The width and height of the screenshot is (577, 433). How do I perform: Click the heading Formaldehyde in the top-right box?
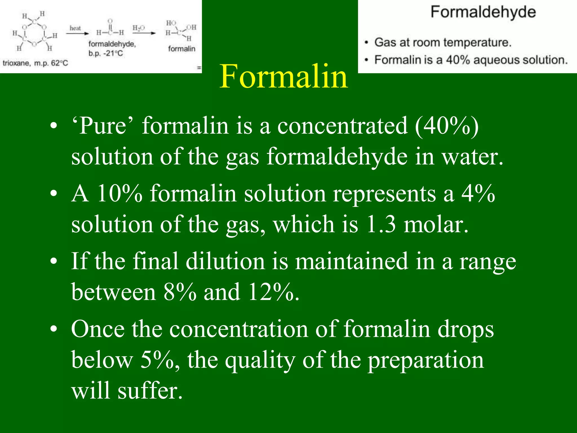[483, 12]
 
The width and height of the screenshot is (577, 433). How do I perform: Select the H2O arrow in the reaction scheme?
[144, 33]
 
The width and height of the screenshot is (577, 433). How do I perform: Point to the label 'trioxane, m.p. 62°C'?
[35, 63]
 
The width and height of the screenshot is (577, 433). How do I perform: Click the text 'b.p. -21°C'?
[106, 53]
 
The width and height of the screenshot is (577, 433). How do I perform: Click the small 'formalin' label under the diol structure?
[182, 49]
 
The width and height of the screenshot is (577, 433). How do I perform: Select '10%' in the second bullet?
[119, 193]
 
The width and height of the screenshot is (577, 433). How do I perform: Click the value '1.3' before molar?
[381, 224]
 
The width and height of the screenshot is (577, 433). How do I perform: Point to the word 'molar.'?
[436, 224]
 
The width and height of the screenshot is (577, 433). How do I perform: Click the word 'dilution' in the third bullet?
[225, 261]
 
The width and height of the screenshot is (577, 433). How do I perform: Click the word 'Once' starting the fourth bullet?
[98, 329]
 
